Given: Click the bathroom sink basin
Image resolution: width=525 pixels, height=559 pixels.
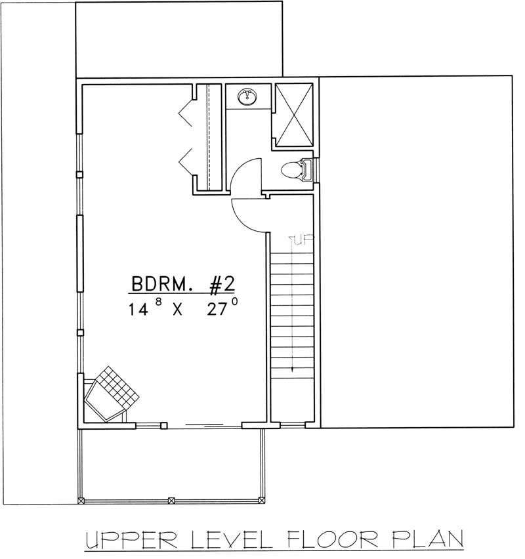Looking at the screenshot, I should (248, 97).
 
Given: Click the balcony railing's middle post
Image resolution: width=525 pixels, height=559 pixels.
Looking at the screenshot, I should (171, 501).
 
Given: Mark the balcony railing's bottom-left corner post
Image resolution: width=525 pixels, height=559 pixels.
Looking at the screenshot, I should (81, 501).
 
